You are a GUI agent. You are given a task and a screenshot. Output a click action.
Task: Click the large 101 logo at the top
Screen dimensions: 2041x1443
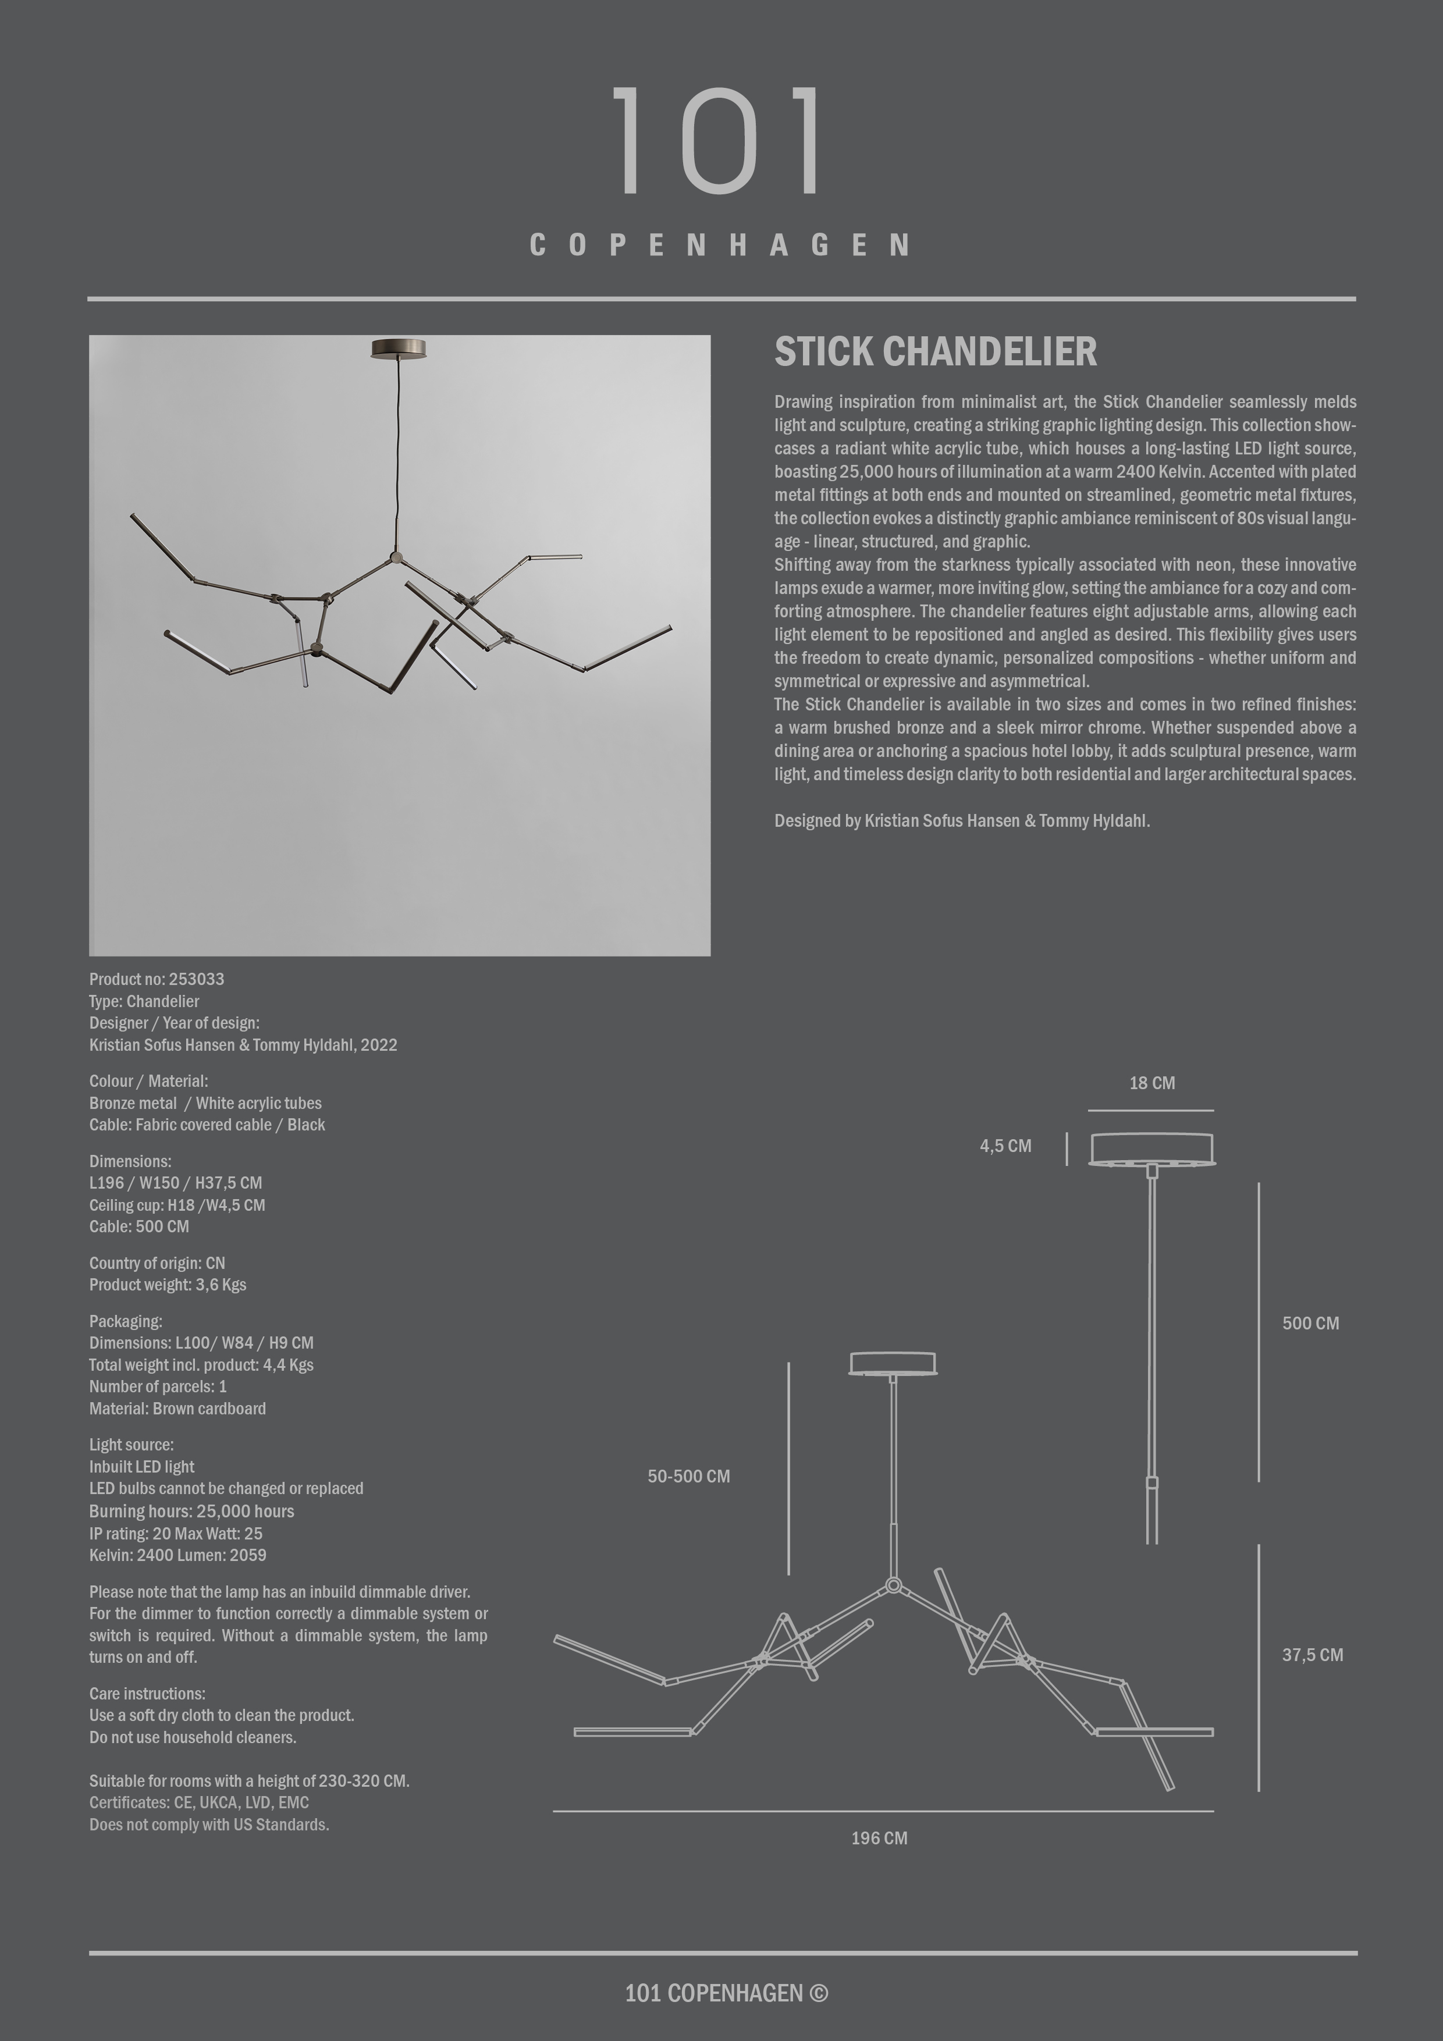click(x=719, y=140)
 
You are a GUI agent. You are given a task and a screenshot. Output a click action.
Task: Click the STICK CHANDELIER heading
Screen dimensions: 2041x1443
click(x=935, y=352)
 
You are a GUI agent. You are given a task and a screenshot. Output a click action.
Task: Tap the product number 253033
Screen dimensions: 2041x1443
click(x=197, y=979)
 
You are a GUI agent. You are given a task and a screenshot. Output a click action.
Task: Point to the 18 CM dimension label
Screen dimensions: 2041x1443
click(x=1151, y=1083)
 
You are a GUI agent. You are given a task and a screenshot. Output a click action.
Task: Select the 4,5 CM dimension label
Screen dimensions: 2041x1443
click(x=1005, y=1146)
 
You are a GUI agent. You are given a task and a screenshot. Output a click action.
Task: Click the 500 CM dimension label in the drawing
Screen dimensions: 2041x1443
click(x=1310, y=1322)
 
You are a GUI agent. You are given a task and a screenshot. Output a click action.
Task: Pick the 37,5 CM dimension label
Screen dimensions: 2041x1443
click(x=1312, y=1654)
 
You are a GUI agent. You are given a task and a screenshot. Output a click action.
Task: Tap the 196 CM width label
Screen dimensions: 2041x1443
click(x=879, y=1837)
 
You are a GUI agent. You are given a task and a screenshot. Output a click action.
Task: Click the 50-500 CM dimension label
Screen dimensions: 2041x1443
click(x=688, y=1475)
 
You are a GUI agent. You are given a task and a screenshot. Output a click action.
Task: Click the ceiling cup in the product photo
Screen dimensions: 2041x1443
click(x=399, y=349)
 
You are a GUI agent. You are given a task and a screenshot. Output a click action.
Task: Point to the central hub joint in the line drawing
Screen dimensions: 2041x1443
click(x=894, y=1585)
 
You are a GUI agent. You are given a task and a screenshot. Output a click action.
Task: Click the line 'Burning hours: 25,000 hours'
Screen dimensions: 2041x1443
click(x=191, y=1511)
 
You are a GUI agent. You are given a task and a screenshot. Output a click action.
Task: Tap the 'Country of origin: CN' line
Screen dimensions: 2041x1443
click(x=157, y=1263)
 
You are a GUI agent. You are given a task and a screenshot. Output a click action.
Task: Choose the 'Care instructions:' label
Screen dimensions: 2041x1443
click(x=147, y=1694)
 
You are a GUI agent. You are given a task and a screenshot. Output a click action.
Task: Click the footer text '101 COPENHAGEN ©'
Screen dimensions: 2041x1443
click(x=726, y=1993)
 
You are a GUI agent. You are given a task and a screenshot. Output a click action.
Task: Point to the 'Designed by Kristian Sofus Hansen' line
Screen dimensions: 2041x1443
click(x=961, y=820)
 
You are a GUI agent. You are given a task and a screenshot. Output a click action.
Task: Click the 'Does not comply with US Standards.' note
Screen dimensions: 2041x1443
click(x=209, y=1824)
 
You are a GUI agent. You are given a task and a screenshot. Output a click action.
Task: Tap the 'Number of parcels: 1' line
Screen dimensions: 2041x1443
click(x=157, y=1386)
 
